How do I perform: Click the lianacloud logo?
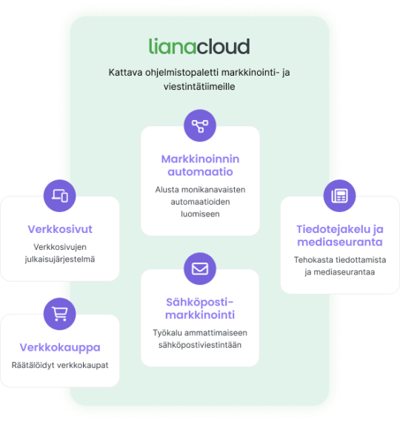click(199, 46)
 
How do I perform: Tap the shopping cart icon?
click(60, 314)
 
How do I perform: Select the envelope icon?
click(200, 268)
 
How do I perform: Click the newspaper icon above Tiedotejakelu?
click(339, 196)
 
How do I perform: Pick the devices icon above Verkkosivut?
click(60, 196)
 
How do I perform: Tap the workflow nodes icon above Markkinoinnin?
click(200, 125)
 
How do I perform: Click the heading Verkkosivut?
click(60, 229)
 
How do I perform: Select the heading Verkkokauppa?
click(60, 347)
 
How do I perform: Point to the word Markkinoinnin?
click(200, 159)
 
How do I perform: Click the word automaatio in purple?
click(200, 172)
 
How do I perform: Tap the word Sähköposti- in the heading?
click(199, 302)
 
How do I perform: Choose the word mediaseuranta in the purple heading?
click(340, 242)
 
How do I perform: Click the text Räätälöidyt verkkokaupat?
click(60, 365)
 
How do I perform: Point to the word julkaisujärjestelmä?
click(60, 259)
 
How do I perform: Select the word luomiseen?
click(200, 214)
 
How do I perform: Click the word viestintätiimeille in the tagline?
click(199, 87)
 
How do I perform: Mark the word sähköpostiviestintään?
click(200, 345)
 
